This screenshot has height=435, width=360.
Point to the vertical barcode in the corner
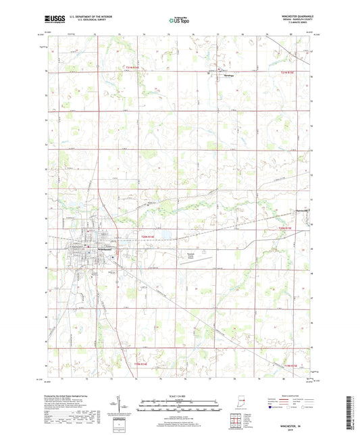[x=353, y=411]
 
